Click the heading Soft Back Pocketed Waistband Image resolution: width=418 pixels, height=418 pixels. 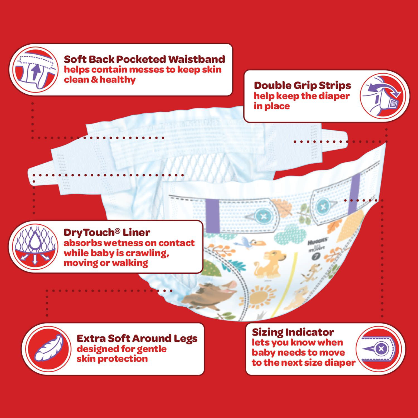point(144,59)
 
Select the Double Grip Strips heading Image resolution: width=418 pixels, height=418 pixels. point(302,85)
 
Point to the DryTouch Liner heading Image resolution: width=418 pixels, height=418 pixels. point(107,232)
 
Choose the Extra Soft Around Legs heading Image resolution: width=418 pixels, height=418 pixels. point(137,338)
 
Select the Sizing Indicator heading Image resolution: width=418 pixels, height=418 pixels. point(293,332)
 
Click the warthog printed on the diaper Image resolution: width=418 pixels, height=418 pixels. point(213,295)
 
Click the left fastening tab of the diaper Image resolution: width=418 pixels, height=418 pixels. point(47,171)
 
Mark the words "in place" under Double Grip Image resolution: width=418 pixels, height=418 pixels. point(271,106)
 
